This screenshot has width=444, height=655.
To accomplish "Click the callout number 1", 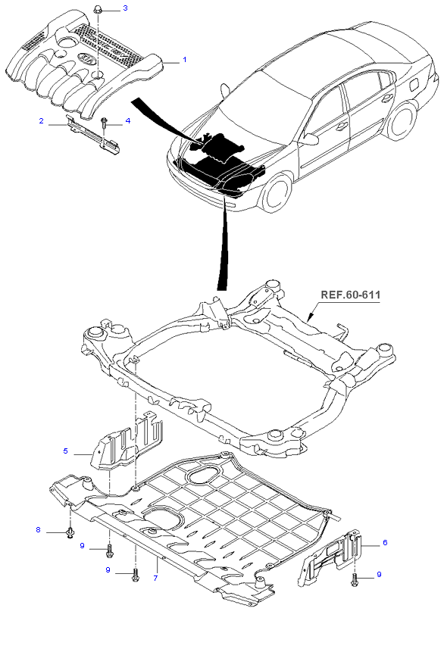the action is click(184, 60).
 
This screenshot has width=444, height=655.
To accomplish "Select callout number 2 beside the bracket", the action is click(41, 120).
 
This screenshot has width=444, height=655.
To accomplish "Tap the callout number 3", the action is click(125, 8).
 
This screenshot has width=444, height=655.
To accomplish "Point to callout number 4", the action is click(128, 120).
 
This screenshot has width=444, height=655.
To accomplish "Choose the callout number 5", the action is click(66, 451).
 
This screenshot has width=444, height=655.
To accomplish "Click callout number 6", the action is click(385, 542).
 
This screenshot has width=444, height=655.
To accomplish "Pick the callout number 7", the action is click(155, 579).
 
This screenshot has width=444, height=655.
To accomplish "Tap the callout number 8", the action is click(38, 530).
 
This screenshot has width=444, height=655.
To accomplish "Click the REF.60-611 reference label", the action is click(350, 295).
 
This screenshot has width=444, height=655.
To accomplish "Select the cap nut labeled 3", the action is click(98, 9).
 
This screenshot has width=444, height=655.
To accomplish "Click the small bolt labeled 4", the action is click(105, 124).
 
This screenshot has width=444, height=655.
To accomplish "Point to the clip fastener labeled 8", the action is click(70, 532).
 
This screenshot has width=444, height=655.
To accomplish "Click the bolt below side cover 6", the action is click(355, 580).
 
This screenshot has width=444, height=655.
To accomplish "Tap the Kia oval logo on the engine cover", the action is click(86, 59).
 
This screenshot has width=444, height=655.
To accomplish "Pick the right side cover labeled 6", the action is click(330, 557).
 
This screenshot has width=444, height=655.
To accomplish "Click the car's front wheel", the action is click(275, 193).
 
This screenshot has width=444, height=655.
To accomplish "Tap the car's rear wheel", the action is click(402, 121).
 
